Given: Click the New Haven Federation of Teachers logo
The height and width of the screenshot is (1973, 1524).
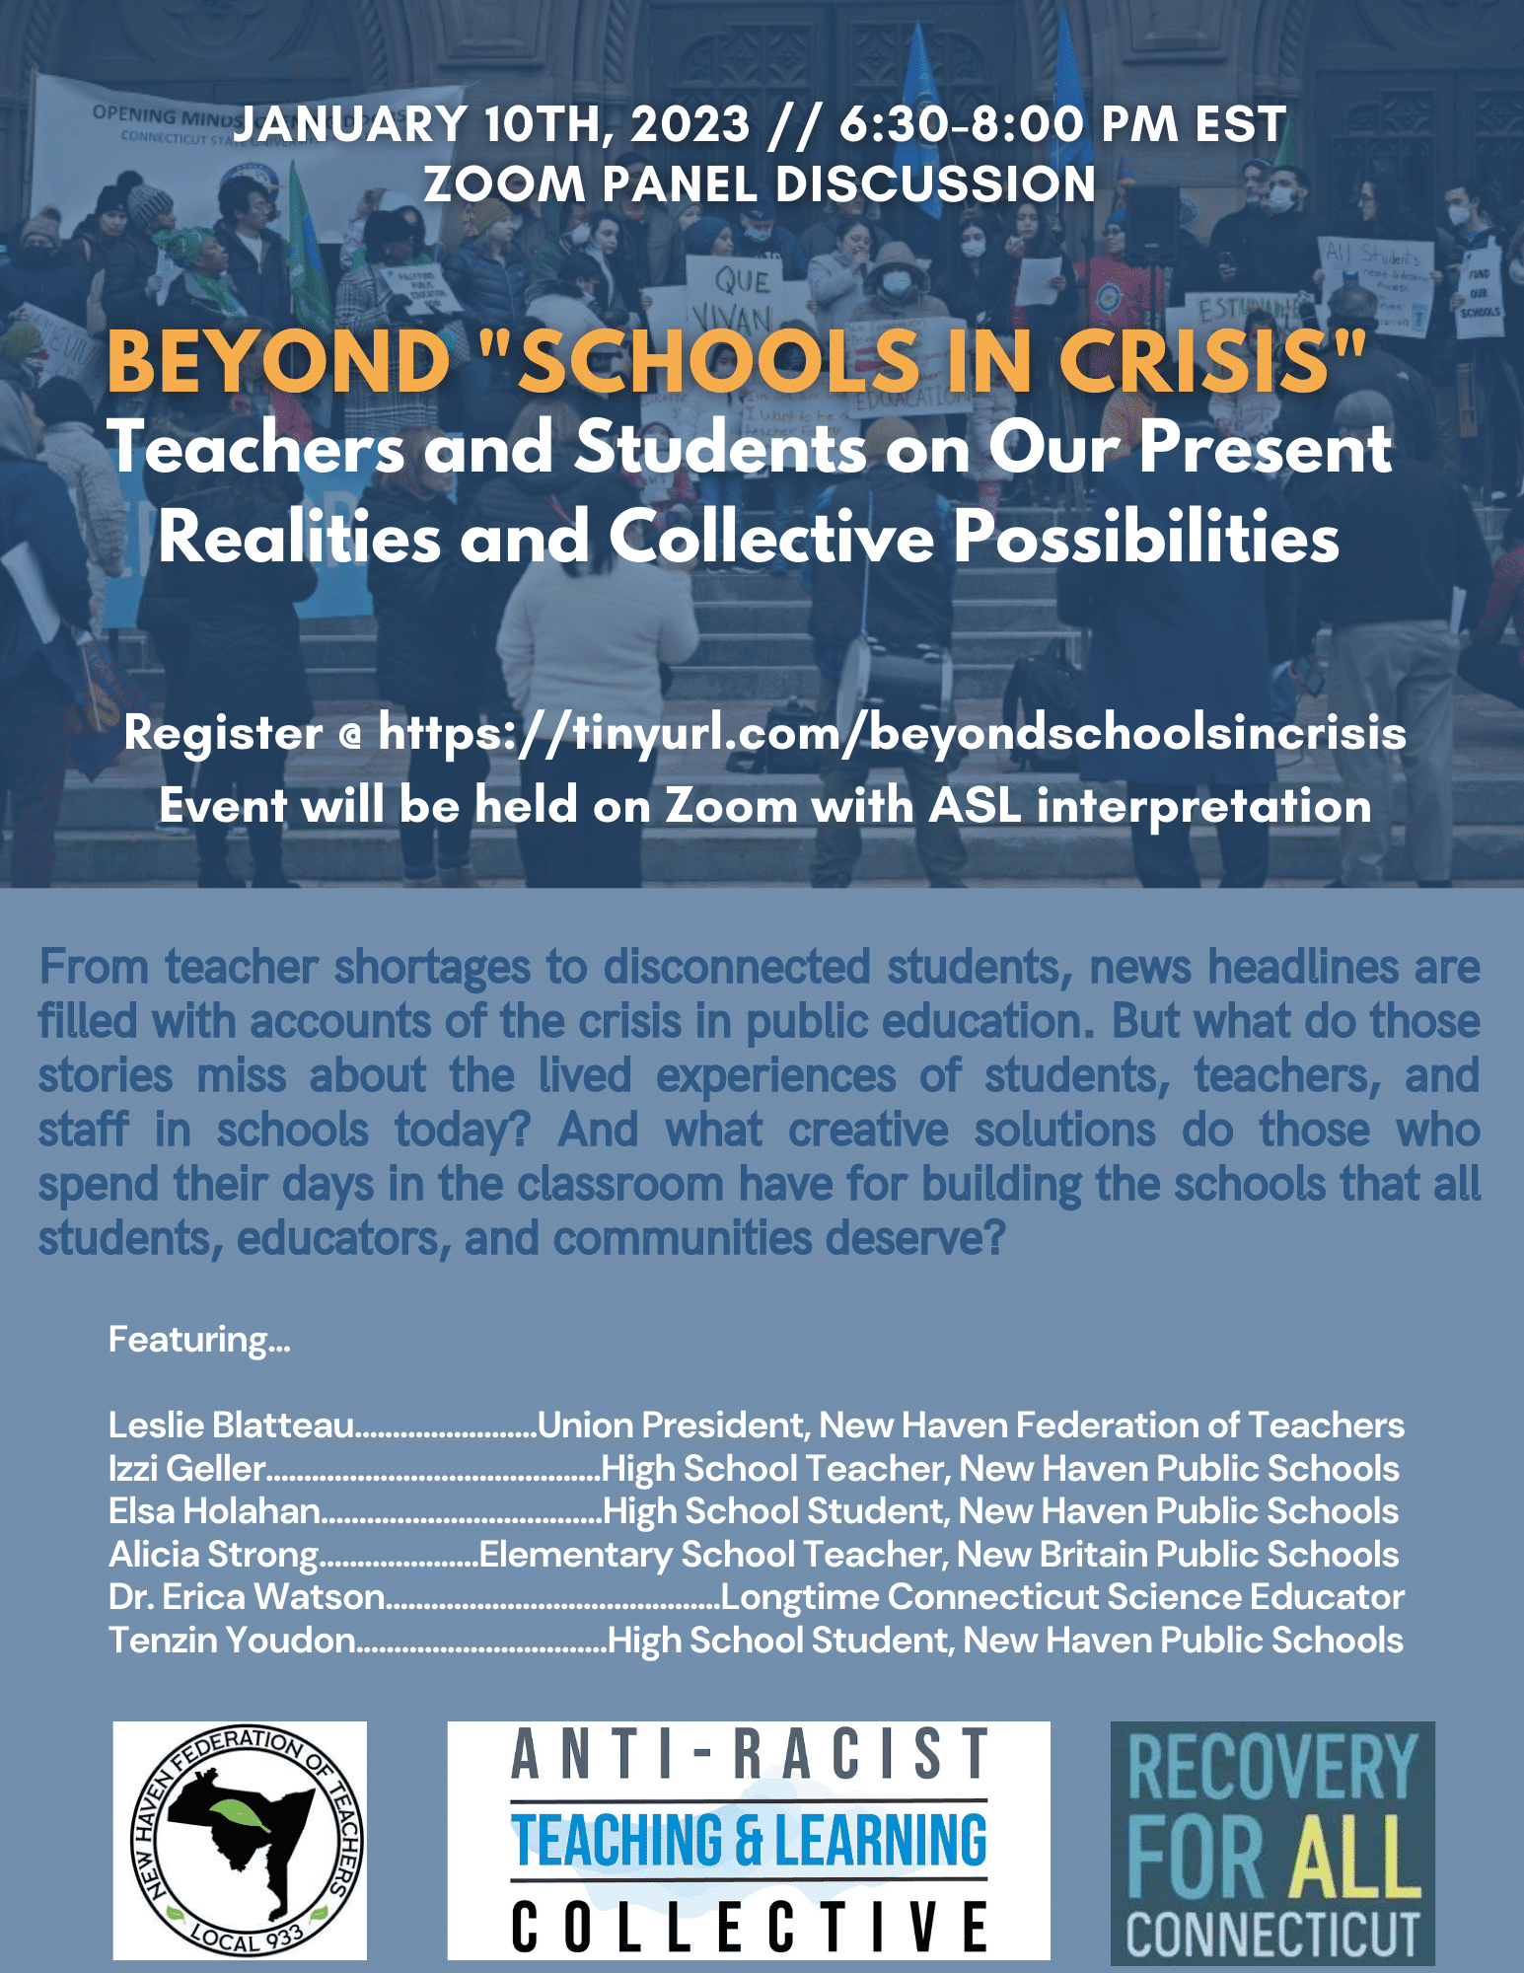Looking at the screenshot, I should pos(240,1840).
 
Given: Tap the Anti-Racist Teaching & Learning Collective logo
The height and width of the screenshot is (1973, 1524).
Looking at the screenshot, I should pos(749,1840).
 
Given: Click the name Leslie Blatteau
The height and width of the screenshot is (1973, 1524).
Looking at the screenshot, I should pos(231,1425).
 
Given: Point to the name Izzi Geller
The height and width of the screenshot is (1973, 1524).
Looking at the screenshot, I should pos(187,1469).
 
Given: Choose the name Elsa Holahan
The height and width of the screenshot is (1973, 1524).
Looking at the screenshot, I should pos(214,1511).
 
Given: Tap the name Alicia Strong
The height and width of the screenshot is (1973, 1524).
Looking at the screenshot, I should pos(214,1555).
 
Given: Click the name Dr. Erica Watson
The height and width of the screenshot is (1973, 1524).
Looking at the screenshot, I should pos(247,1597).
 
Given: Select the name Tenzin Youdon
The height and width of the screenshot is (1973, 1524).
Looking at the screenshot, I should pos(232,1641).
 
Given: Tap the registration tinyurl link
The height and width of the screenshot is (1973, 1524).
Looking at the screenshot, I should pos(892,733).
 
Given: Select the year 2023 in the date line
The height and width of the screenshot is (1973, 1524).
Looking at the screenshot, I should pos(690,125).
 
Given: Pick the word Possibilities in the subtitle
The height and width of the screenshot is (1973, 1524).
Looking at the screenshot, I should pos(1145,539).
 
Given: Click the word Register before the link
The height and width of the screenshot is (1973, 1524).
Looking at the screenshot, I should pos(223,733).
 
